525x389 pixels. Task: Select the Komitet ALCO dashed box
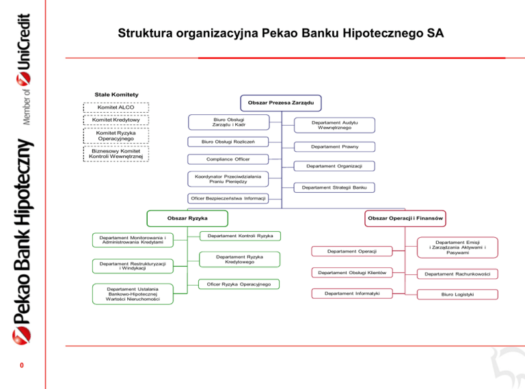tap(116, 107)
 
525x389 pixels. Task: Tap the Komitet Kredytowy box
tap(116, 120)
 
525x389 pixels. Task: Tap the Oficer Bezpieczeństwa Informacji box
tap(228, 198)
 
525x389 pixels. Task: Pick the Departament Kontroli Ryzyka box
tap(234, 236)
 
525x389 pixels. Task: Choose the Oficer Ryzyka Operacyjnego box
tap(234, 284)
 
